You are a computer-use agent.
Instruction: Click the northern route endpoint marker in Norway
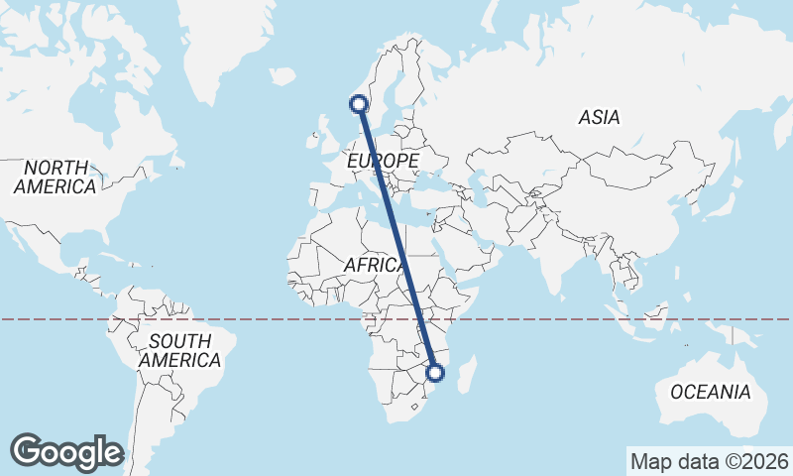(359, 102)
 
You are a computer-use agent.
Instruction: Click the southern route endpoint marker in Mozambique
(434, 373)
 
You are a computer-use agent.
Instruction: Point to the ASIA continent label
(600, 117)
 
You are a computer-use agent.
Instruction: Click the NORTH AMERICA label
(56, 177)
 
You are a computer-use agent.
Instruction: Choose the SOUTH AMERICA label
(179, 350)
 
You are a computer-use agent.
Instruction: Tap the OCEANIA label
(710, 392)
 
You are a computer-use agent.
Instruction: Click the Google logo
(66, 452)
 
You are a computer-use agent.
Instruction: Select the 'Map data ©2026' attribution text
(709, 461)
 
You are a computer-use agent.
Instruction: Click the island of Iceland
(283, 76)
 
